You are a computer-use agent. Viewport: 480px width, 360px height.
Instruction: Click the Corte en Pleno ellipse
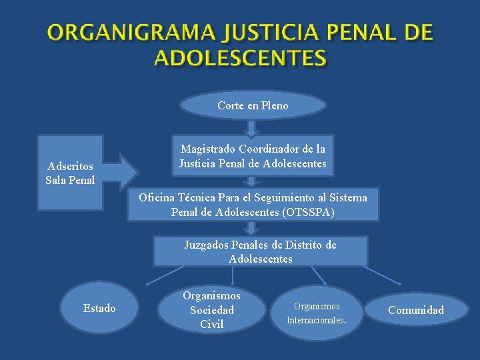tap(253, 105)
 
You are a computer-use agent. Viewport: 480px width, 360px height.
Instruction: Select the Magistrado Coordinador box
tap(253, 157)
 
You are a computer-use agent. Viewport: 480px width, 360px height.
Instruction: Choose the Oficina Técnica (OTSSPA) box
tap(253, 205)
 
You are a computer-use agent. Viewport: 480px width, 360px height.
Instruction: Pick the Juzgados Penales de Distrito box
tap(260, 251)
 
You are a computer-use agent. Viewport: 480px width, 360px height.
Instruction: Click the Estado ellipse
tap(99, 308)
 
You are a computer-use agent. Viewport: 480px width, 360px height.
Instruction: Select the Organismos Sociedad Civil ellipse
tap(211, 309)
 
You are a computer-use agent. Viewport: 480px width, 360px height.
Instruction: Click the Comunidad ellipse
tap(416, 310)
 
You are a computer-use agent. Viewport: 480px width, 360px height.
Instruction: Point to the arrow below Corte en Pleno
tap(251, 127)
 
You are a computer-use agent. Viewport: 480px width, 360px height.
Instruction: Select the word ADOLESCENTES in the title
tap(240, 58)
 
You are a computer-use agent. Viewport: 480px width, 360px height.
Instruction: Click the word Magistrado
tap(207, 149)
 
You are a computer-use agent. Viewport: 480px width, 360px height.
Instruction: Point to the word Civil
tap(211, 325)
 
